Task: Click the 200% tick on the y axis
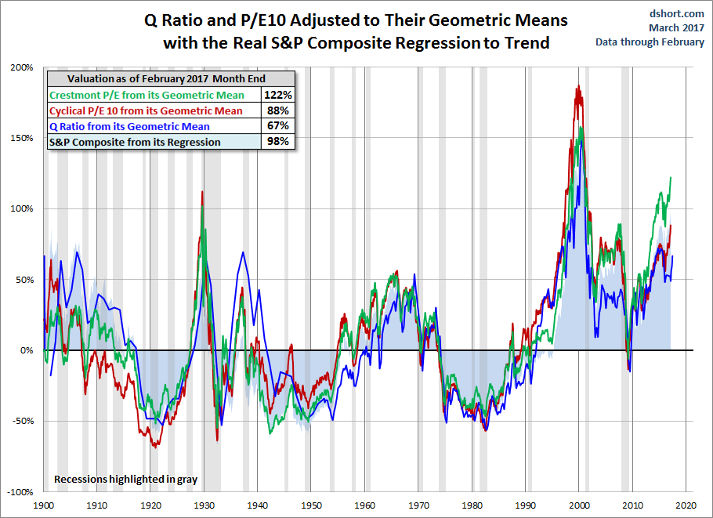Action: click(x=22, y=67)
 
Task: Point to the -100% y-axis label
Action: click(x=20, y=491)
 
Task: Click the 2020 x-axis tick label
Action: click(x=687, y=506)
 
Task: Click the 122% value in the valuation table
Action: click(x=278, y=95)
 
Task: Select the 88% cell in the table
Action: click(x=278, y=110)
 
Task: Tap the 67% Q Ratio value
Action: click(x=278, y=126)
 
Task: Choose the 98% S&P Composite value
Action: click(x=278, y=142)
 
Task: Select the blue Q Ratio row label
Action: click(x=129, y=126)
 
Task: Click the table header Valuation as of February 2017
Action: click(x=166, y=78)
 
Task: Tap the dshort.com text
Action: click(x=679, y=13)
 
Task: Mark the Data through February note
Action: click(x=650, y=42)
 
